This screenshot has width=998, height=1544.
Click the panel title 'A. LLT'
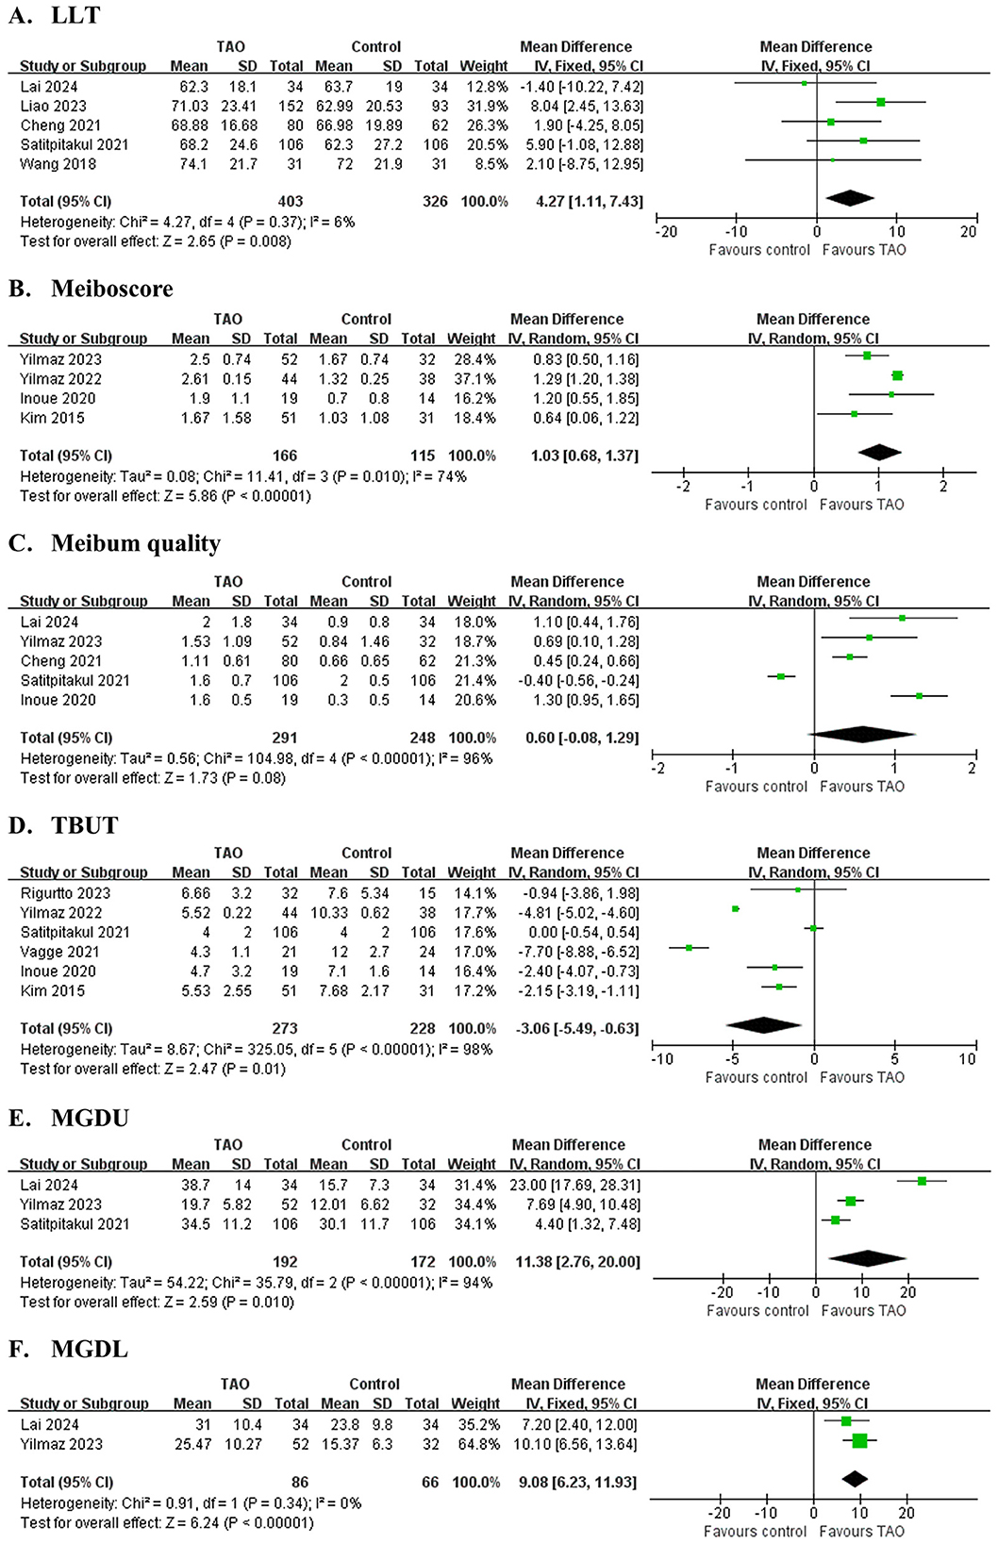[54, 16]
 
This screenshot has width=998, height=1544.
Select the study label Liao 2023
[53, 106]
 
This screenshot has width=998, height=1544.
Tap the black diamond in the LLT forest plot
[849, 197]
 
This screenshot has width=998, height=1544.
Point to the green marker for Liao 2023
[880, 102]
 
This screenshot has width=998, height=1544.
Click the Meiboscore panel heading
[91, 289]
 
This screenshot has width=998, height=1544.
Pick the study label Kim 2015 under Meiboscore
[52, 418]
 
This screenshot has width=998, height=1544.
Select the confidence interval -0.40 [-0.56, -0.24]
[574, 680]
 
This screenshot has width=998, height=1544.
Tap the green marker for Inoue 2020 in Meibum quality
[919, 696]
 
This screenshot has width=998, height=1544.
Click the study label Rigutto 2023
[65, 893]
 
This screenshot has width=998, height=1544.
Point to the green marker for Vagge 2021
[690, 948]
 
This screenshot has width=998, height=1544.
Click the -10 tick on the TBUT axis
[662, 1059]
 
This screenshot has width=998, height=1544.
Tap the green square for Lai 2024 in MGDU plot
[922, 1181]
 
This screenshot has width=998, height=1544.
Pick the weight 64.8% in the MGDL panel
[481, 1444]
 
